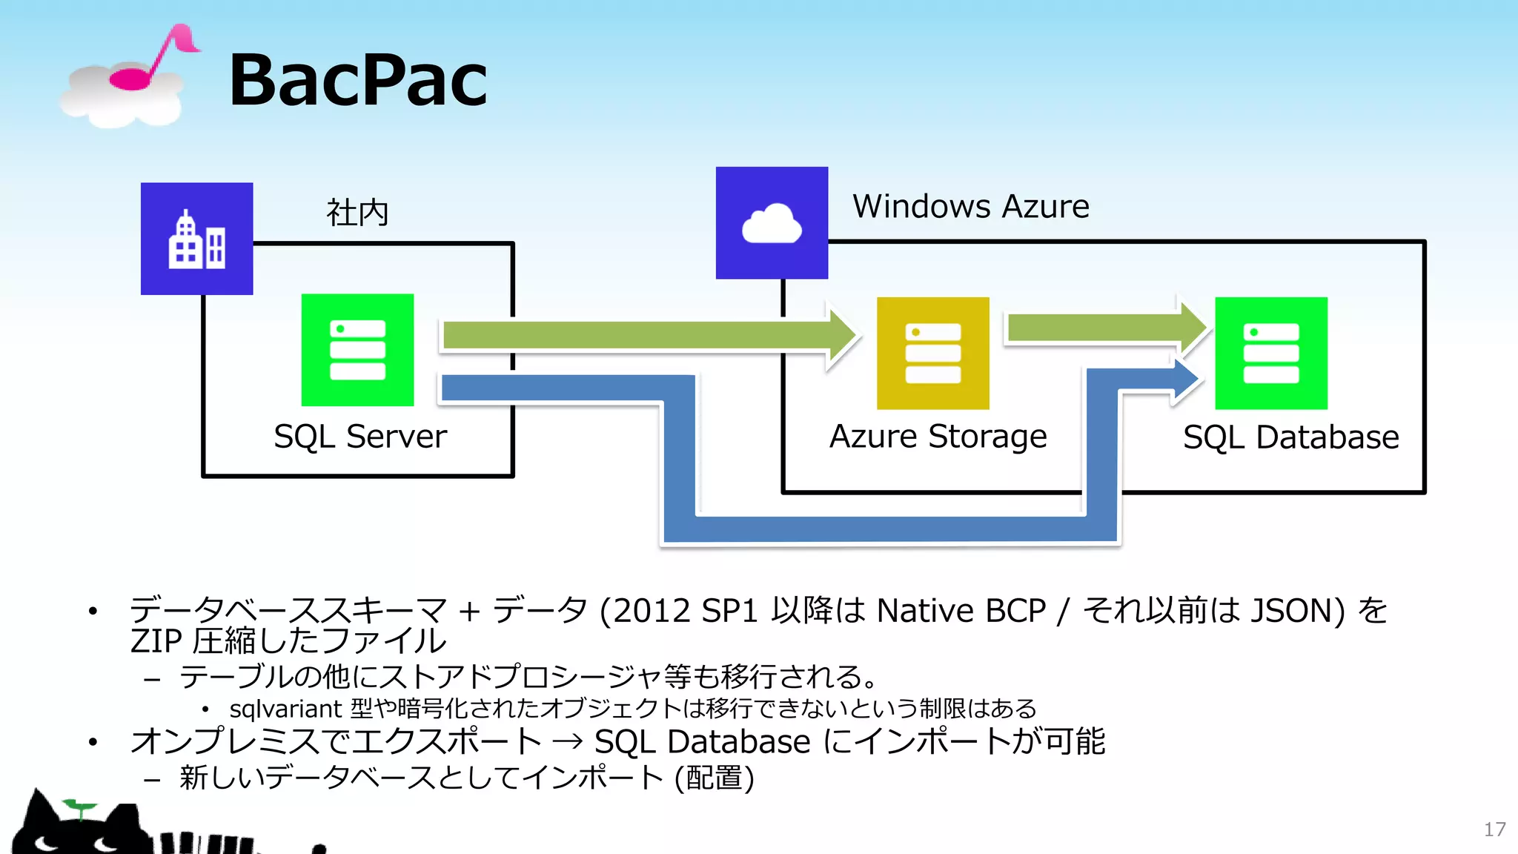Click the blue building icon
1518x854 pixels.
(x=196, y=239)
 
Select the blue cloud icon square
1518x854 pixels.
(x=772, y=223)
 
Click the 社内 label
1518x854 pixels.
(x=357, y=213)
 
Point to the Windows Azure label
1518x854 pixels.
(x=970, y=206)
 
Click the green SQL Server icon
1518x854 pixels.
(x=357, y=350)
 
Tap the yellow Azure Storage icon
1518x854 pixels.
(x=932, y=354)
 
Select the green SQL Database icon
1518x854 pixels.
(x=1270, y=354)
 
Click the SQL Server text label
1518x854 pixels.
(x=360, y=437)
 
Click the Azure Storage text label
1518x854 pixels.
(x=938, y=437)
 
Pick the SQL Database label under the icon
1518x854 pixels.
(x=1290, y=437)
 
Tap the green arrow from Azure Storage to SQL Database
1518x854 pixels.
(x=1104, y=328)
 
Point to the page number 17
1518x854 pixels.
(x=1494, y=830)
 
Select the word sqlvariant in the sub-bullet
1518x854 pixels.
(x=285, y=709)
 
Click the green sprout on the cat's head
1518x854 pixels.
(x=79, y=807)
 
